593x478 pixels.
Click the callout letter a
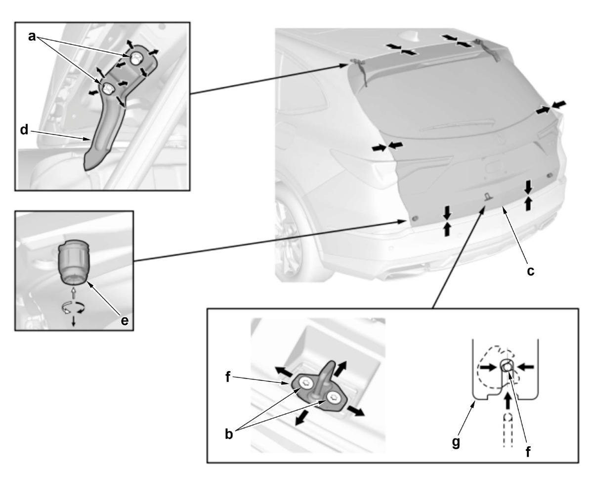(32, 37)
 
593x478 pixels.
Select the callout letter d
(24, 129)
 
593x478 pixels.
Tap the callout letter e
(125, 321)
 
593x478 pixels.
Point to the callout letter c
(530, 271)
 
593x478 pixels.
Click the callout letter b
(229, 434)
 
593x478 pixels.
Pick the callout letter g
(456, 443)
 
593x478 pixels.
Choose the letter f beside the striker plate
(228, 377)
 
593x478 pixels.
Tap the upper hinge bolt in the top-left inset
(135, 59)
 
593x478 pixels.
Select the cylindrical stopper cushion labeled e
(73, 262)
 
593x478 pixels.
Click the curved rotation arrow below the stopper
(73, 307)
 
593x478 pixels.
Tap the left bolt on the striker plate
(305, 383)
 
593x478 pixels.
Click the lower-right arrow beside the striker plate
(355, 411)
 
